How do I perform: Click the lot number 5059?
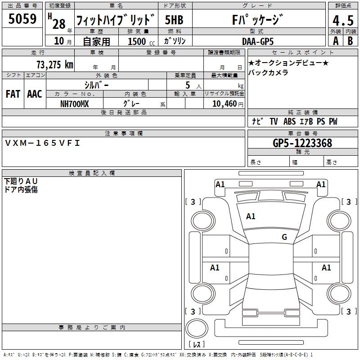[x=22, y=19]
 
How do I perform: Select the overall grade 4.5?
[x=342, y=21]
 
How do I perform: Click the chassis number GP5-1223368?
[x=302, y=143]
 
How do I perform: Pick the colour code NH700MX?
[x=75, y=103]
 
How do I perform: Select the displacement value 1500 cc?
[x=138, y=41]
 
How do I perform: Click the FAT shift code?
[x=13, y=94]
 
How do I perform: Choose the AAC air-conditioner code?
[x=35, y=94]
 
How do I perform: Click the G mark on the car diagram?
[x=284, y=237]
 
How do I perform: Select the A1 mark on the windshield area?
[x=251, y=216]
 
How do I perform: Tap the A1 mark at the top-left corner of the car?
[x=220, y=184]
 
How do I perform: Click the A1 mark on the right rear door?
[x=326, y=268]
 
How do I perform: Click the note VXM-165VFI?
[x=42, y=143]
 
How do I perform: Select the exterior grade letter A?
[x=335, y=41]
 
